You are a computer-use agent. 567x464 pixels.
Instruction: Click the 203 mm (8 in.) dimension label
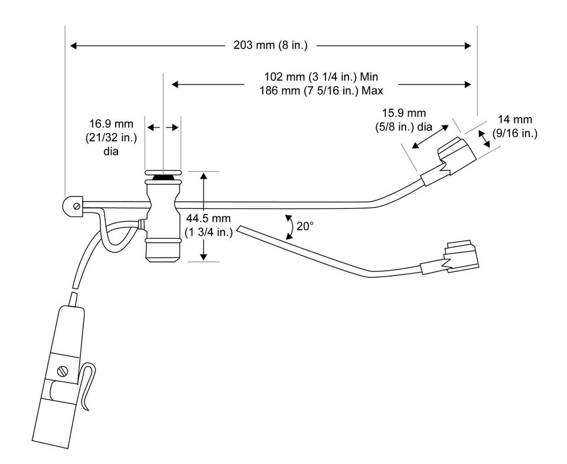pyautogui.click(x=270, y=45)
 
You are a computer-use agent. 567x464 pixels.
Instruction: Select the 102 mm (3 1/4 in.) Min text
pyautogui.click(x=321, y=77)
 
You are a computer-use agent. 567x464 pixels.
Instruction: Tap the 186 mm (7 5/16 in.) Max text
pyautogui.click(x=321, y=91)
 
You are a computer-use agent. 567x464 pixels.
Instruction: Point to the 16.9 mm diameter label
pyautogui.click(x=112, y=137)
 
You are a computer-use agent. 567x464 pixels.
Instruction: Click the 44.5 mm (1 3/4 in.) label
pyautogui.click(x=210, y=225)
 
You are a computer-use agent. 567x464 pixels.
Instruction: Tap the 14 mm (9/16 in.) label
pyautogui.click(x=514, y=128)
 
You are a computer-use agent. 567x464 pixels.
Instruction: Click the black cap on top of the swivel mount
pyautogui.click(x=162, y=177)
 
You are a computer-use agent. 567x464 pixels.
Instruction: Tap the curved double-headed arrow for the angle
pyautogui.click(x=288, y=226)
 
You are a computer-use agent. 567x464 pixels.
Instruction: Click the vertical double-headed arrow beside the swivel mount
pyautogui.click(x=204, y=216)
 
